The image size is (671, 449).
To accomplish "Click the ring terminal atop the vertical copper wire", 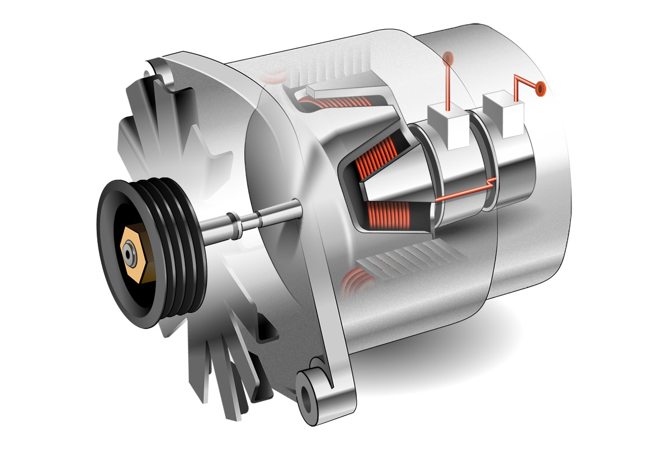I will click(x=448, y=57).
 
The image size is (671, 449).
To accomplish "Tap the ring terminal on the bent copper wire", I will click(x=540, y=87).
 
